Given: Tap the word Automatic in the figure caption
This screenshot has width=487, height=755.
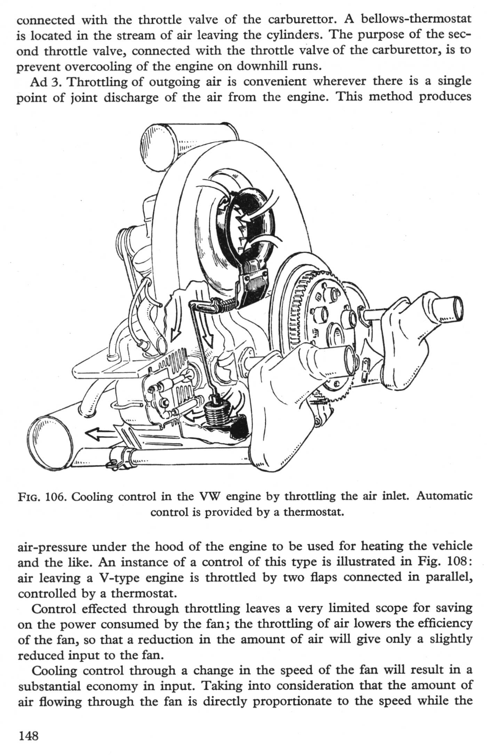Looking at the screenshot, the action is click(x=444, y=496).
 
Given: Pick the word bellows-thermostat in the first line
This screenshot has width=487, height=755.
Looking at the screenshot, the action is click(x=416, y=20).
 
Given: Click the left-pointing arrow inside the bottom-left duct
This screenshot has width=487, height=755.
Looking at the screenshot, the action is click(x=101, y=432).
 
